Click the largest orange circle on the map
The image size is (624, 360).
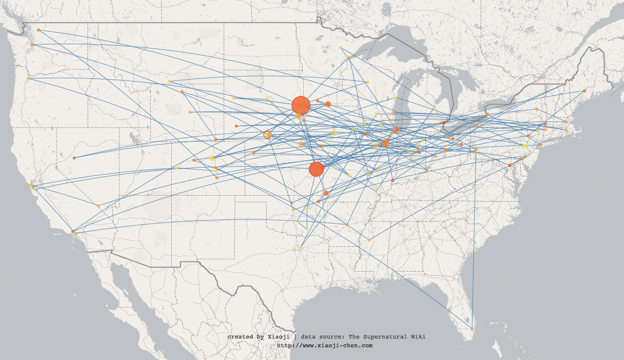click(301, 105)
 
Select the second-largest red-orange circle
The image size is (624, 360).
click(316, 169)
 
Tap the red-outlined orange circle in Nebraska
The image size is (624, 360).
click(267, 134)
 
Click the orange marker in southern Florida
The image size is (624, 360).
click(472, 329)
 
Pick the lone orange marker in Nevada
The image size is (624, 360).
click(74, 158)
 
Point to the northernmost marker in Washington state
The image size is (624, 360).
click(38, 30)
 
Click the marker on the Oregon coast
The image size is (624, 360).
click(28, 79)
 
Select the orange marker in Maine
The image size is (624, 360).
click(584, 91)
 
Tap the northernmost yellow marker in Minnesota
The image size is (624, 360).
click(340, 47)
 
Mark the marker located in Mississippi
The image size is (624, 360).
click(369, 240)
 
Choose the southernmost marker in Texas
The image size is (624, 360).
click(300, 247)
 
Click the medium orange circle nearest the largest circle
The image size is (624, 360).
click(328, 104)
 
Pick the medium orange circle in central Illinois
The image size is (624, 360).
click(385, 143)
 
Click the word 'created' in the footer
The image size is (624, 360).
click(240, 337)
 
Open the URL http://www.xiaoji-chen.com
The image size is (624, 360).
click(325, 345)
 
